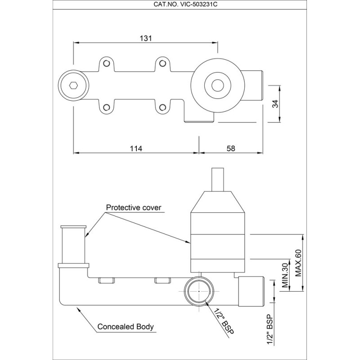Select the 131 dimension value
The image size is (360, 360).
145,39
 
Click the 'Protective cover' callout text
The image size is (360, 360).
133,208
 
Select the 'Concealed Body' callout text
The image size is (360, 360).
126,327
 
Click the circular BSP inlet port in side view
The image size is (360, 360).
198,291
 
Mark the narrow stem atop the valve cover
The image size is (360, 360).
218,180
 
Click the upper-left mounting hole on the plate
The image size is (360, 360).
107,63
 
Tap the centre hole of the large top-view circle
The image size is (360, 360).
218,85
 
